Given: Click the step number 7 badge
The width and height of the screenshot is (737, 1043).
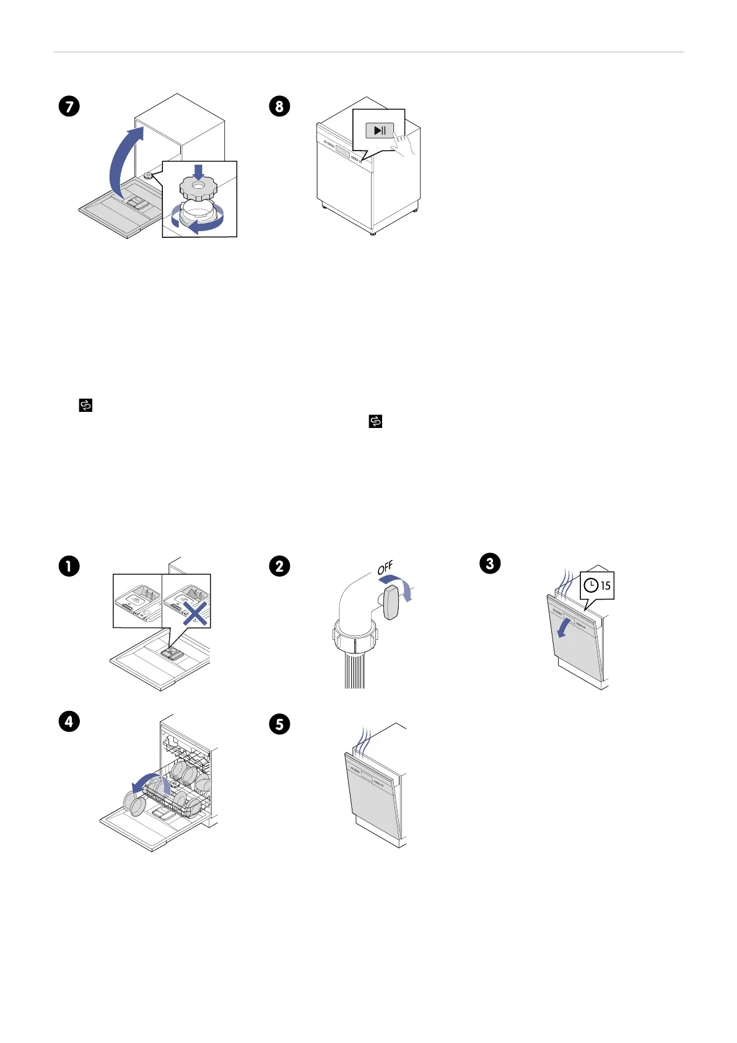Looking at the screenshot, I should pos(69,106).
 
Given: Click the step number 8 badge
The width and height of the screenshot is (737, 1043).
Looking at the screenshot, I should pos(279,106).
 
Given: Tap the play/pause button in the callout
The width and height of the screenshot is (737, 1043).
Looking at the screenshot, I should pos(380,130).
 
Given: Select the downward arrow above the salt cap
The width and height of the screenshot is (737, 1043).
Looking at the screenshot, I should pos(198,172).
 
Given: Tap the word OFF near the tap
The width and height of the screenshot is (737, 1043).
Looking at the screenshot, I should pos(385,567).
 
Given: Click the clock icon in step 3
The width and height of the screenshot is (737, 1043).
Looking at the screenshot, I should pos(591,585).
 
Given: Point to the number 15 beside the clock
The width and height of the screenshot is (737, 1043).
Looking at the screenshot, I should pos(605,585).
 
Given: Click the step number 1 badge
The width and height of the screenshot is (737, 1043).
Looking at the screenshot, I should pos(69,566).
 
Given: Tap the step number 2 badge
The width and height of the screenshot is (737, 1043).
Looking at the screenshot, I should pos(279,566).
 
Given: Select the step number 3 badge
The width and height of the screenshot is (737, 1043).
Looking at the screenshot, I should pos(490,563).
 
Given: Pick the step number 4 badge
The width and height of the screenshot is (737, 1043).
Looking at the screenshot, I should pos(69,722).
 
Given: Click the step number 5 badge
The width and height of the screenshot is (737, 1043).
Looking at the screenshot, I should pos(279,724).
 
